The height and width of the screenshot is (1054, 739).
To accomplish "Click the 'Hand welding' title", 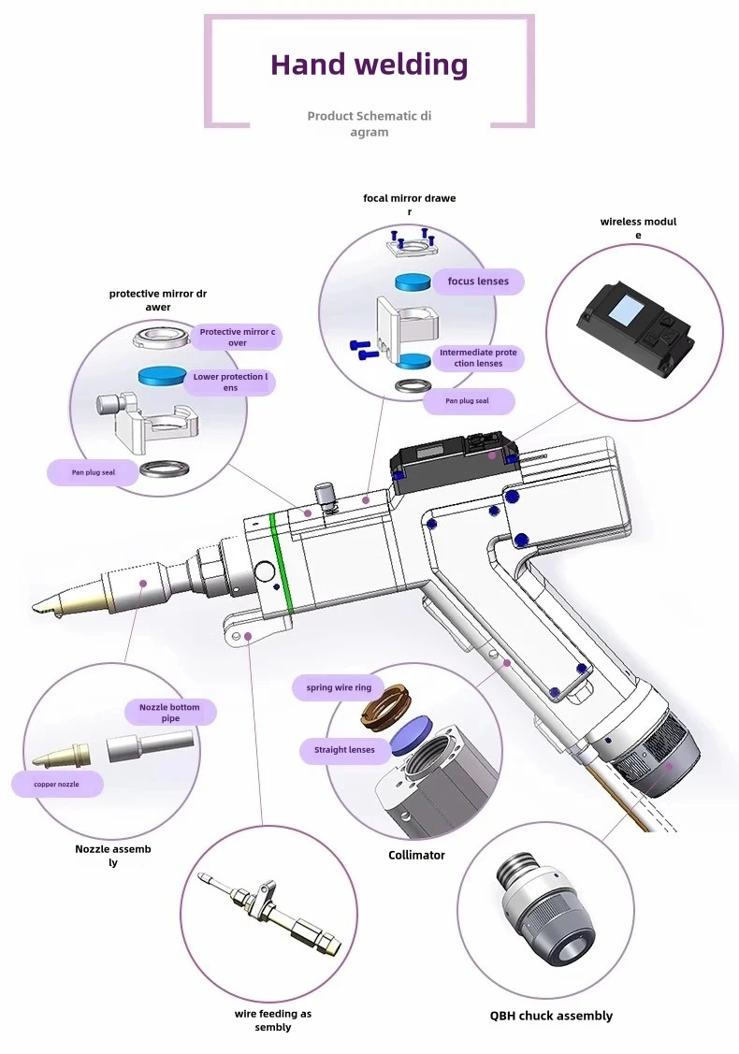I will pyautogui.click(x=369, y=65).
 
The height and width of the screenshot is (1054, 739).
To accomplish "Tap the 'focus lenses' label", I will pyautogui.click(x=478, y=282).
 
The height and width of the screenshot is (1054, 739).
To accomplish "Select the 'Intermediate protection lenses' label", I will pyautogui.click(x=478, y=358).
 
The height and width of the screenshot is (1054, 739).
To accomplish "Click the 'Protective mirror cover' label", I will pyautogui.click(x=238, y=337).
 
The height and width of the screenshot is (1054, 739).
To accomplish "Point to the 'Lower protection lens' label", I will pyautogui.click(x=230, y=382).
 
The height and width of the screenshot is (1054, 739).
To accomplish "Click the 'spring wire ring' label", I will pyautogui.click(x=339, y=687).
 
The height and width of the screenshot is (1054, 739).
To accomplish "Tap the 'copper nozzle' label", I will pyautogui.click(x=57, y=784).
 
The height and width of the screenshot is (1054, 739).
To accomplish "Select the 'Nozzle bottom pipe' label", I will pyautogui.click(x=169, y=713).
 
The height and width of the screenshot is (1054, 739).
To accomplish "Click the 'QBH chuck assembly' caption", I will pyautogui.click(x=552, y=1016).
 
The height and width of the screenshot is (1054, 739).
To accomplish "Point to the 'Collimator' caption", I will pyautogui.click(x=416, y=855).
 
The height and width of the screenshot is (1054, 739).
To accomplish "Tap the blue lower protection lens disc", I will pyautogui.click(x=163, y=377).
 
